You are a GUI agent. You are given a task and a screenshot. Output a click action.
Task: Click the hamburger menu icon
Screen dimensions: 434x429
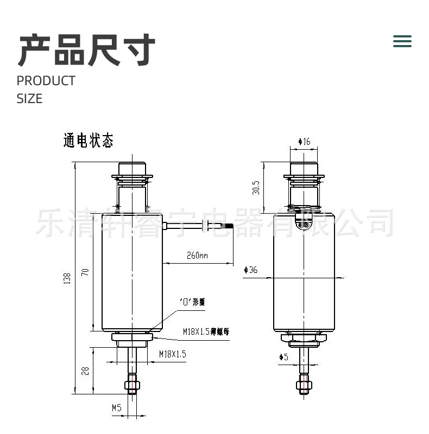point(402,41)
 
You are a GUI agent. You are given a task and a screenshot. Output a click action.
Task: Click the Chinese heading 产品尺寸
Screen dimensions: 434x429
point(87,50)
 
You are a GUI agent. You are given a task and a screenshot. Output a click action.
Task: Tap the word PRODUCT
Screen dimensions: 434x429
point(46,81)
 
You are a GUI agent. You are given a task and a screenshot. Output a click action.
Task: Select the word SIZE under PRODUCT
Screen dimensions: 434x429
point(29,99)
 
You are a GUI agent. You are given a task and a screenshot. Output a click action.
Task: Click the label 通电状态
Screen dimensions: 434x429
point(89,141)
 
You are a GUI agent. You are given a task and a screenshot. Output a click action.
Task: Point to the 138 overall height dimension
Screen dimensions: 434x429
point(67,278)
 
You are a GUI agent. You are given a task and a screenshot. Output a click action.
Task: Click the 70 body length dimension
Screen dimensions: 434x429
point(85,272)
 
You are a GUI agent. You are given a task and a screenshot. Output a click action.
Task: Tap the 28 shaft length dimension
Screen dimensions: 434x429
point(85,372)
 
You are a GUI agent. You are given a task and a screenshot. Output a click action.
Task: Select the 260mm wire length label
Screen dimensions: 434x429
point(197,255)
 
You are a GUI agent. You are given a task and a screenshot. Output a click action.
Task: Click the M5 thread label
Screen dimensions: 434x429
point(116,407)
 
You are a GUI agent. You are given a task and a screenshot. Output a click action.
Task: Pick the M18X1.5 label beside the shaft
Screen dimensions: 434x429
point(172,354)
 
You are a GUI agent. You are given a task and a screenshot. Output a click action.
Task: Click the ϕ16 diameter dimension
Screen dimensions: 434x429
point(304,142)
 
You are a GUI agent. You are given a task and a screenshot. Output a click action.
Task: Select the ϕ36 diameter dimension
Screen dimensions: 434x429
point(251,270)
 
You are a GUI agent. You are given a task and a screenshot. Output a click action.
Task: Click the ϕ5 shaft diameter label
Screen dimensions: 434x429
point(283,356)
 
